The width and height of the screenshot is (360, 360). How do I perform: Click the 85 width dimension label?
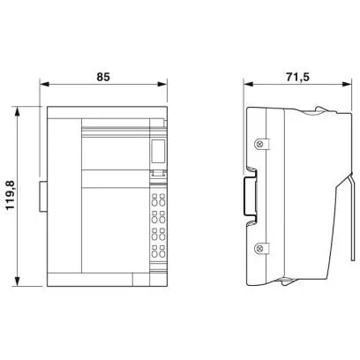pos(103,77)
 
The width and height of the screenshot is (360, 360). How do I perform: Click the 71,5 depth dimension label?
pos(297,77)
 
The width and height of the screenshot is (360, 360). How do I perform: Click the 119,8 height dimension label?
pos(11,195)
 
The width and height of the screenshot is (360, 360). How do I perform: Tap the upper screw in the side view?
pos(259,144)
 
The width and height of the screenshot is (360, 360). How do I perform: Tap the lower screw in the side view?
pos(259,249)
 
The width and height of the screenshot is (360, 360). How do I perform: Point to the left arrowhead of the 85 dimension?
pos(44,84)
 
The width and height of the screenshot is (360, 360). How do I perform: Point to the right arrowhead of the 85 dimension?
pos(162,84)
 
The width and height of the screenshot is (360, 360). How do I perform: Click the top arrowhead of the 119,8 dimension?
pos(18,111)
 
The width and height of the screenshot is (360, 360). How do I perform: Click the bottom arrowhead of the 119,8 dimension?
pos(18,281)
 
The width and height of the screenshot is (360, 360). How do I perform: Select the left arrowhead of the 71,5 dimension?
pos(248,84)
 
